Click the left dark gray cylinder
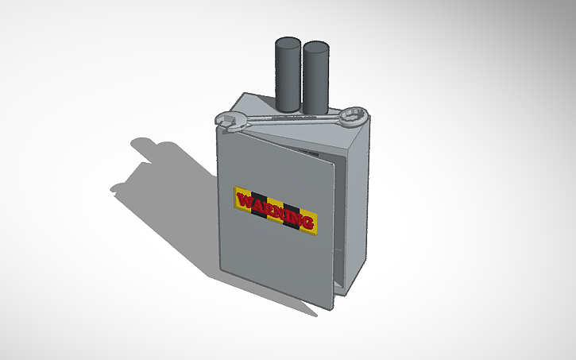coord(288,75)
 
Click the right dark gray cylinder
coord(315,79)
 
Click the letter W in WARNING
coord(246,200)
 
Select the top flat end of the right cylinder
coord(315,47)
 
